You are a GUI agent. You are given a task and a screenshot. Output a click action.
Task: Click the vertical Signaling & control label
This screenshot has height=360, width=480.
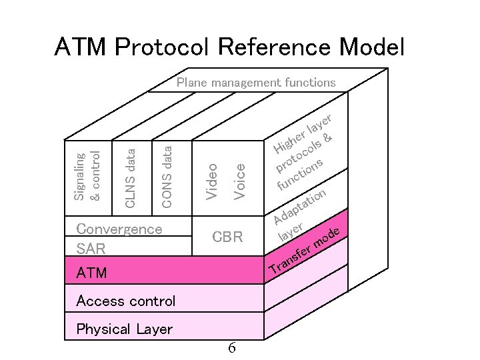[87, 176]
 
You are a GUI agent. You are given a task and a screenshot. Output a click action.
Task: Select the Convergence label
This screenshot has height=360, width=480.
[119, 229]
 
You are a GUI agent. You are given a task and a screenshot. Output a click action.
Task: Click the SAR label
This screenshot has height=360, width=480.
[91, 249]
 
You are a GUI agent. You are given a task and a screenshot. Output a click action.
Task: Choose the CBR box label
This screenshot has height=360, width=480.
[227, 237]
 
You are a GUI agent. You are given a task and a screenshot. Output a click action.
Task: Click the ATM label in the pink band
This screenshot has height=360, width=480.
[91, 273]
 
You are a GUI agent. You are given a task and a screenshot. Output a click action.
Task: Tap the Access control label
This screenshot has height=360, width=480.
[126, 301]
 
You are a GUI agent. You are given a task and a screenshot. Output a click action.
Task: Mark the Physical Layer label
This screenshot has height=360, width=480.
[124, 329]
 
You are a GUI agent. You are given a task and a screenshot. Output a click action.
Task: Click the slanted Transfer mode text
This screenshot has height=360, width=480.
[306, 253]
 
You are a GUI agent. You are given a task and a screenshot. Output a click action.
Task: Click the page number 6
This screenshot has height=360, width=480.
[231, 347]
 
